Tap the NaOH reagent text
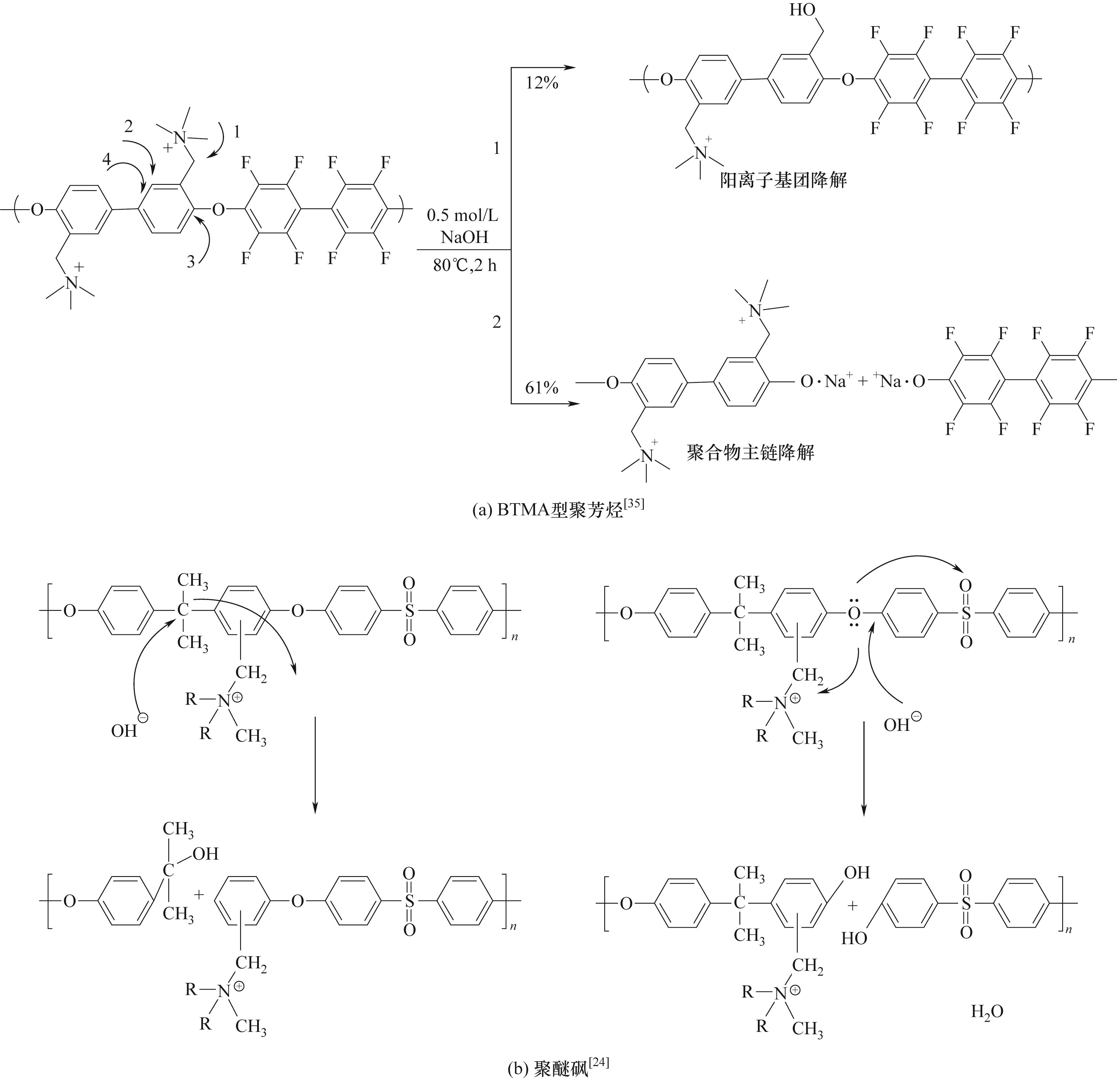(x=464, y=237)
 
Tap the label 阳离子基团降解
(x=783, y=180)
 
